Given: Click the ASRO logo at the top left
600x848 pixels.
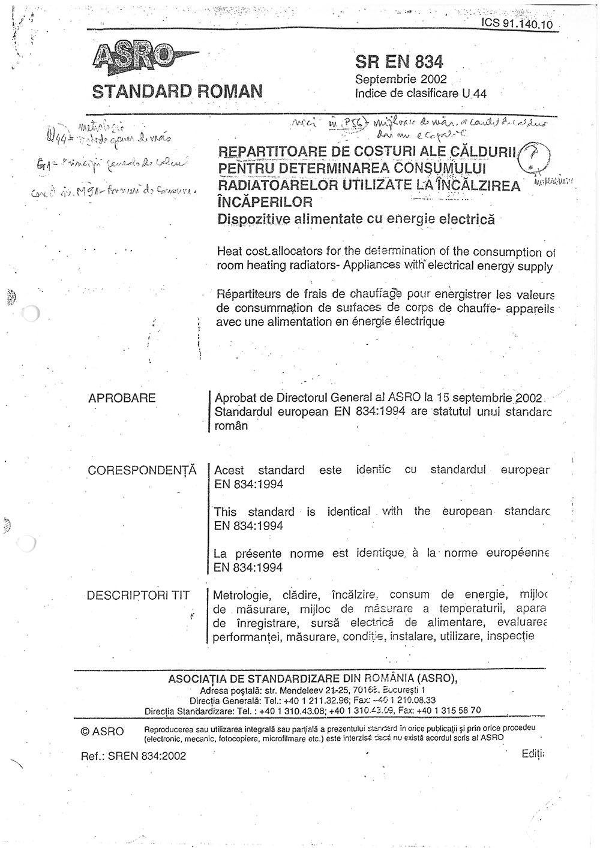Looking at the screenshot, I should (x=135, y=58).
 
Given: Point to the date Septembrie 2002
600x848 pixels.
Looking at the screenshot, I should (x=401, y=80).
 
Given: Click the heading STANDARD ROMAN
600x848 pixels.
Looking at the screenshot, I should (x=177, y=91).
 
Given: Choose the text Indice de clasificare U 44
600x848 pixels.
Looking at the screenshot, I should (x=421, y=94).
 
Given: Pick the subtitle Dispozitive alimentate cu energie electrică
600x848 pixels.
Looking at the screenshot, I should (x=356, y=219).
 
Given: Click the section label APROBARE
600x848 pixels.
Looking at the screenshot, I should (x=122, y=398).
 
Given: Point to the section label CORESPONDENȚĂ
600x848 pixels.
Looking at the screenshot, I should (x=142, y=470).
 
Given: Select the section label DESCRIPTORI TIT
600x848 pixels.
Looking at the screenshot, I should (x=138, y=596).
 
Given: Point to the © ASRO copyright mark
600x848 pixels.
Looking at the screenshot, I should (x=102, y=732).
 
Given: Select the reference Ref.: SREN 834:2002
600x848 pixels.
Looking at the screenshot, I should (x=133, y=756).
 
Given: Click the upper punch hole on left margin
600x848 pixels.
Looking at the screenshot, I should (x=29, y=314).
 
